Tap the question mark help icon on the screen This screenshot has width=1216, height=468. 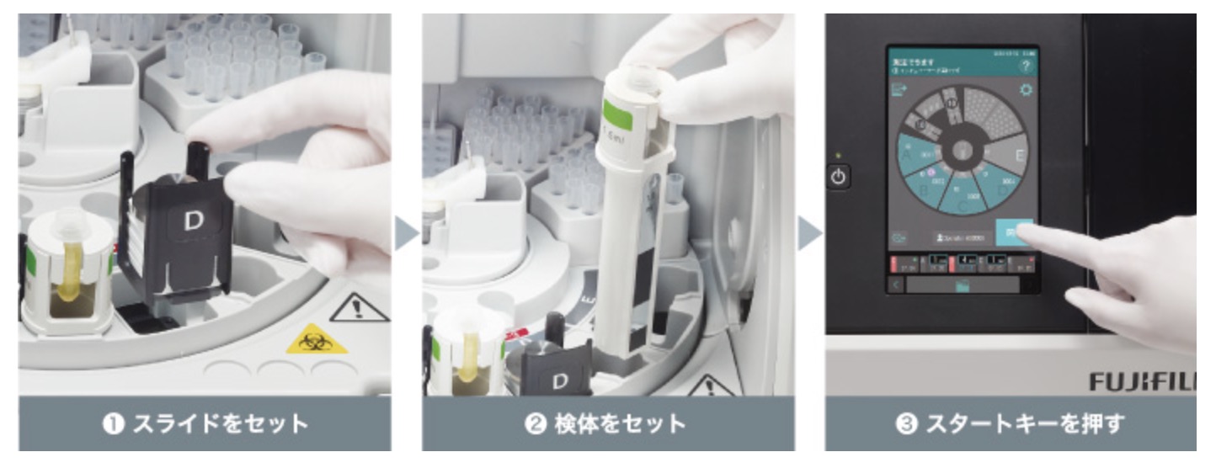[x=1025, y=66]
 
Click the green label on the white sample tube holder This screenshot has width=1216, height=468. [x=619, y=111]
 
